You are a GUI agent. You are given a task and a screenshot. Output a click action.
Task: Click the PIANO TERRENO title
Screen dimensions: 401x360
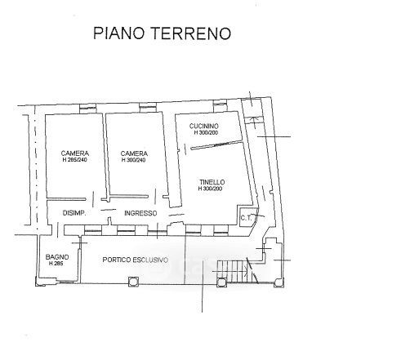[x=162, y=33]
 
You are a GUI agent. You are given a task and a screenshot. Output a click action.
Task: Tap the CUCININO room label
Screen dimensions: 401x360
[x=204, y=126]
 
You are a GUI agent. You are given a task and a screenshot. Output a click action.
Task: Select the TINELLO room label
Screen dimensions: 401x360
[x=212, y=182]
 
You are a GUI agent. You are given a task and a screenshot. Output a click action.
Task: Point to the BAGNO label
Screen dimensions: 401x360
[x=57, y=257]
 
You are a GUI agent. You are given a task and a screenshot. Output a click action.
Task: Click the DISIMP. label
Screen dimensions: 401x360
[x=74, y=213]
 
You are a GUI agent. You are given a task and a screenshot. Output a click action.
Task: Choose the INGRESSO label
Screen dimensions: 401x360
[x=140, y=213]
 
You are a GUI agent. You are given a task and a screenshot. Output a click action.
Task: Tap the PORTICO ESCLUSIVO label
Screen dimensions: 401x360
[x=136, y=260]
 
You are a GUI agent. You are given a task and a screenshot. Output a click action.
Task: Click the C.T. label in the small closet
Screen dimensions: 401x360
[x=246, y=218]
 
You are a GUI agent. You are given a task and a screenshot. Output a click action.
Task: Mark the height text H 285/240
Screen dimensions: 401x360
[x=74, y=160]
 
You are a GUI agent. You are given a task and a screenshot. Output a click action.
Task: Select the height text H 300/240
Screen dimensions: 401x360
[x=133, y=160]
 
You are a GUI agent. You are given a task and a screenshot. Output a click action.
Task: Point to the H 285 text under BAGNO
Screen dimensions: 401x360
[x=56, y=264]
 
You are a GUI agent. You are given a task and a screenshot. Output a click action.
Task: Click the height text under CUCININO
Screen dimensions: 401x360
[x=206, y=132]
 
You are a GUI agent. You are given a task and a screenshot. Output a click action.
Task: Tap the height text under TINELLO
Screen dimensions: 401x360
[x=210, y=189]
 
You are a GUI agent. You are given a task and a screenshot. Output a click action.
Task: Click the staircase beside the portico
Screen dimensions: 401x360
[x=238, y=271]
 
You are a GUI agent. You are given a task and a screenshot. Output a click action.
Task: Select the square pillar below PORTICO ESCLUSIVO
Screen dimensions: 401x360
[x=133, y=282]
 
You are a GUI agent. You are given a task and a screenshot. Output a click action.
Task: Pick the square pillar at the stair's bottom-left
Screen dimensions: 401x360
[x=221, y=282]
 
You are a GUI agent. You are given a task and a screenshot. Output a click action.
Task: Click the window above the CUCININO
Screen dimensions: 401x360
[x=220, y=106]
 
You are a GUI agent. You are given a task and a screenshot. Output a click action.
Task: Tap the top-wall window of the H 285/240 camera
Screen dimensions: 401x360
[x=88, y=109]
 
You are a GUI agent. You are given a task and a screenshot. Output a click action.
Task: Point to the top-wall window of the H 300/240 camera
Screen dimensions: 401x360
[x=148, y=107]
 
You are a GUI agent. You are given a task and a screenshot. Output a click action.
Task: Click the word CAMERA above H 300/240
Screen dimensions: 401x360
[x=134, y=153]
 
